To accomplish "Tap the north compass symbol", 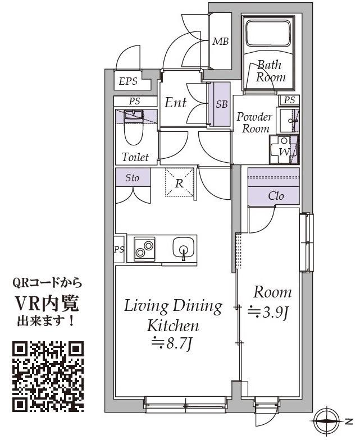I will coord(327,420).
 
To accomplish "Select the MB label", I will coord(220,42).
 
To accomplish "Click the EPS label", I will coord(128,81).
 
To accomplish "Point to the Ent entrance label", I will coord(175,103).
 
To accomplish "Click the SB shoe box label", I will coord(222,104).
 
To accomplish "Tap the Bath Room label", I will coord(271,71).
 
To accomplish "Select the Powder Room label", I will coord(254,122).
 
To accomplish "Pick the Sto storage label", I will coord(133,178).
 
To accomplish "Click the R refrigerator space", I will coord(179,183).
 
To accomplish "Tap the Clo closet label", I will coord(275,196).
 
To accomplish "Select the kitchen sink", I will coord(183,247).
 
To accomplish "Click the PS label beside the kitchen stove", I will coord(119,249).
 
